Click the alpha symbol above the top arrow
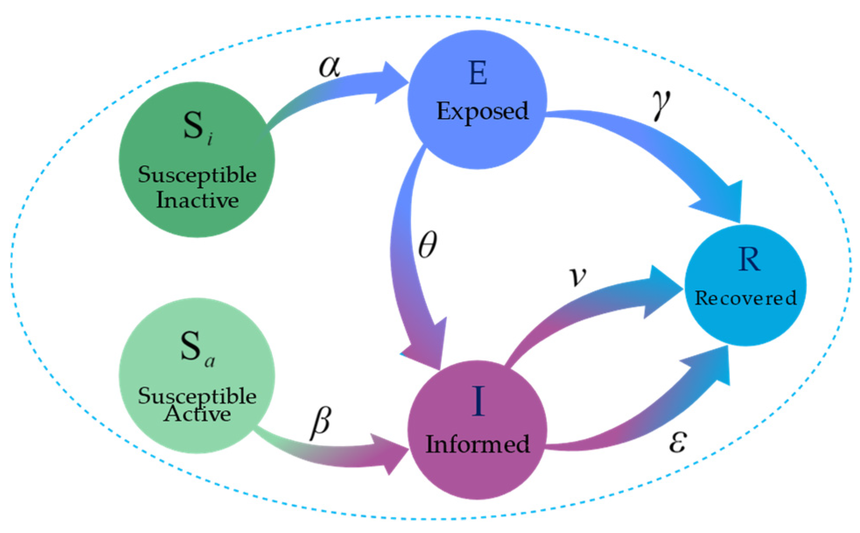point(330,67)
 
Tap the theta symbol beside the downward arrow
point(428,244)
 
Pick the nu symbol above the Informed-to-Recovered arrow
point(578,276)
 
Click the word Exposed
point(482,111)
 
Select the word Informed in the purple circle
point(477,444)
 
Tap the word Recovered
point(745,298)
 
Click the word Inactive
point(197,200)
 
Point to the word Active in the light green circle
point(197,414)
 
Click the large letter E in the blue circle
point(477,73)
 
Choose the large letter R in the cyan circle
point(749,260)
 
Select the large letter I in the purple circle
point(478,401)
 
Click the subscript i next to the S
point(211,139)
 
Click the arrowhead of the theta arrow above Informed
point(427,345)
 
